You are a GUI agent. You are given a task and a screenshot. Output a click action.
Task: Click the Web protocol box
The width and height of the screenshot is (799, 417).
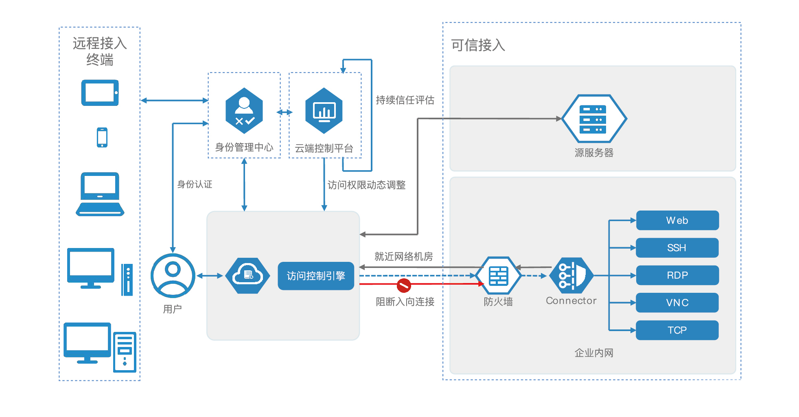point(677,220)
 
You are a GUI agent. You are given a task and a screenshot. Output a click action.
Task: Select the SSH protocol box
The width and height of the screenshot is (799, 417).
point(677,248)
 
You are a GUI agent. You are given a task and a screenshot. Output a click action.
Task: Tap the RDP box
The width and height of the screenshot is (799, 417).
point(677,275)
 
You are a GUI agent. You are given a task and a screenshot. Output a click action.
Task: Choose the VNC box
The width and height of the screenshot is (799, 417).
point(677,303)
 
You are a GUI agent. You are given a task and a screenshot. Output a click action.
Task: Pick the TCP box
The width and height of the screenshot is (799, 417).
point(677,330)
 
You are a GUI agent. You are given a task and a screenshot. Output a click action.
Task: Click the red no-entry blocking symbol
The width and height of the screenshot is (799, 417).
point(404,285)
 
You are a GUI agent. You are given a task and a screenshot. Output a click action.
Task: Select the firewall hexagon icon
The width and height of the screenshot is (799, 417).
point(499,276)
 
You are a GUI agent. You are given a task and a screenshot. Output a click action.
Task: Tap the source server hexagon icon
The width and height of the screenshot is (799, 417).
point(594,119)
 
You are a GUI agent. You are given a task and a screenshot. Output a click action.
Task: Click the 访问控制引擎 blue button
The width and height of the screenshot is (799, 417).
point(316,276)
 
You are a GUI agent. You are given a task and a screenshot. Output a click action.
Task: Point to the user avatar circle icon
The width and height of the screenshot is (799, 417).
point(173,276)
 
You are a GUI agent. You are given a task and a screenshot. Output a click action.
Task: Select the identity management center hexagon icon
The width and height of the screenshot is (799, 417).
point(244,111)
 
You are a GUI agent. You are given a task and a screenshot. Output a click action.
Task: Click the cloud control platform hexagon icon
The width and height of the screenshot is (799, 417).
point(324,111)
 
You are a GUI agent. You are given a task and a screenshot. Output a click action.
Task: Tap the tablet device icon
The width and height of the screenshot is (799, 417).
point(100,93)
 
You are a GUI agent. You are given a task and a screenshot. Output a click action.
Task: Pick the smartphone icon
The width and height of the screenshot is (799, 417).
point(102,137)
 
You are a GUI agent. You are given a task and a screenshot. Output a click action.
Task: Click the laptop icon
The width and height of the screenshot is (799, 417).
point(100,194)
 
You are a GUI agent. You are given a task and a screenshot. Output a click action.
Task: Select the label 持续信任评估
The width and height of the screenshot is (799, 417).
point(405,100)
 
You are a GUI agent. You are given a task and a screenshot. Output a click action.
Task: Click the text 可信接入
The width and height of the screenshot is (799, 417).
point(478,45)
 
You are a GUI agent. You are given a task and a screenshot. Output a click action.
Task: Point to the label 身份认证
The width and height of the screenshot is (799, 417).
point(195,184)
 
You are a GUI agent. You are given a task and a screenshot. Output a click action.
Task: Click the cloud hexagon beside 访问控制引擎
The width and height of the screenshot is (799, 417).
point(247,276)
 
